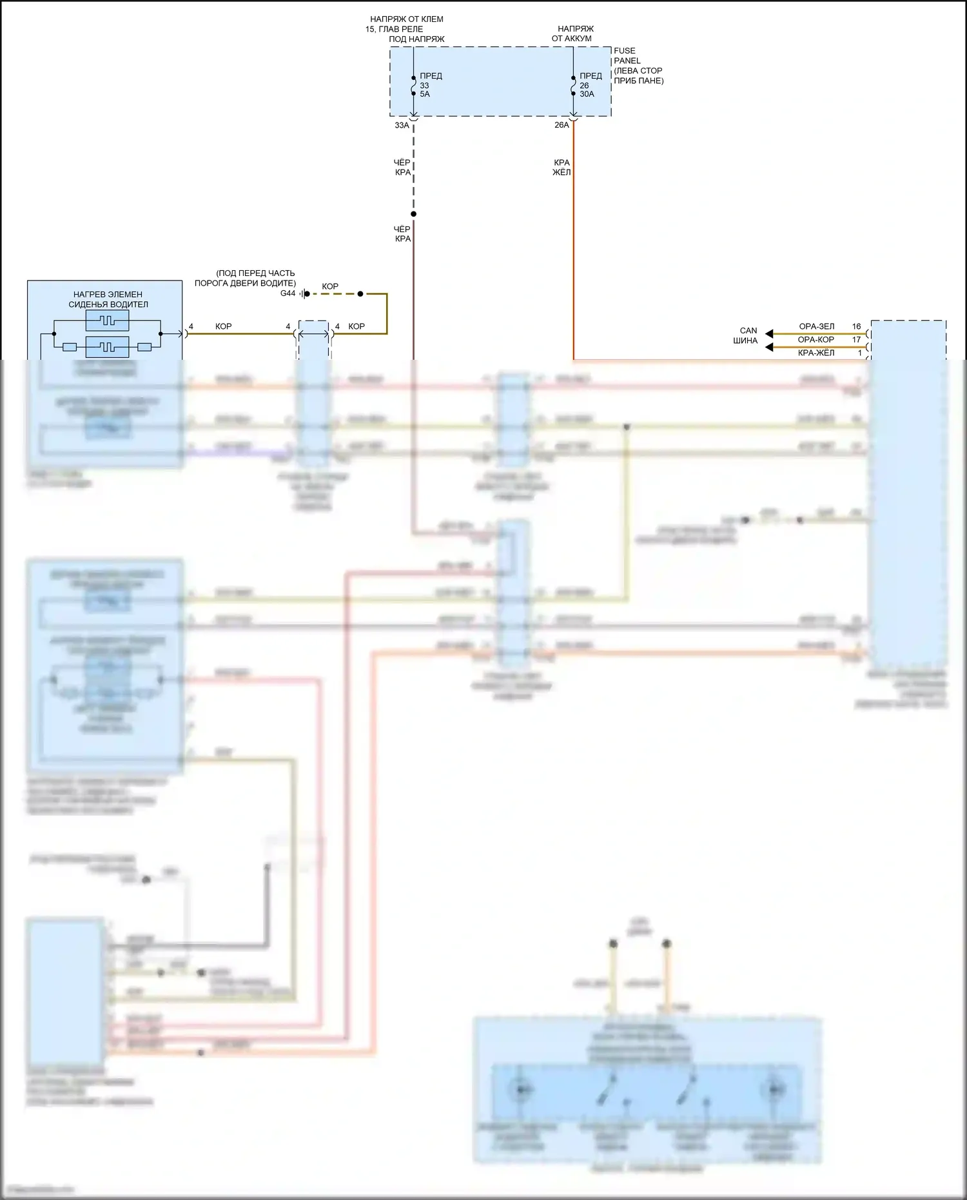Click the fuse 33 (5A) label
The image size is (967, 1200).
point(430,85)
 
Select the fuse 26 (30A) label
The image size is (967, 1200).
point(589,85)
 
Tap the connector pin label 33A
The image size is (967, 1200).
point(402,125)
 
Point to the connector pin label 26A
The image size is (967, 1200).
point(562,125)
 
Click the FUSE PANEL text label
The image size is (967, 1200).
point(625,55)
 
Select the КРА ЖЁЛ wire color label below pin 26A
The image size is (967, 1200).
point(562,168)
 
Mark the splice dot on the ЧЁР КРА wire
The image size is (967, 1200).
point(413,214)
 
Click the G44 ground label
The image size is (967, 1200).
point(288,293)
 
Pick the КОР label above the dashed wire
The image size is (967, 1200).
point(330,286)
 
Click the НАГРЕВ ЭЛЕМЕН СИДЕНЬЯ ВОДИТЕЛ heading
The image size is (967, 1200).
point(108,299)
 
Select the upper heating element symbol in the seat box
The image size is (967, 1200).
point(107,320)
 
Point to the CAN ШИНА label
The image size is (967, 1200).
point(746,335)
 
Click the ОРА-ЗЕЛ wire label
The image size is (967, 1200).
point(816,326)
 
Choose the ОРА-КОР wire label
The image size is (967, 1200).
point(816,340)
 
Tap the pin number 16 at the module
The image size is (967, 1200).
point(856,326)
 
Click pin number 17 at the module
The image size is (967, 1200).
point(856,340)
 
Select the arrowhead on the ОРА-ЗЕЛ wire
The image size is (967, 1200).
point(769,334)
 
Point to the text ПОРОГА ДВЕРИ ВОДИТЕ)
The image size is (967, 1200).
point(245,283)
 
